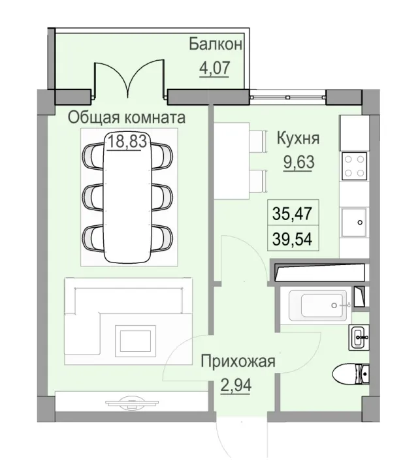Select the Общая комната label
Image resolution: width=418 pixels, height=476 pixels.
127,118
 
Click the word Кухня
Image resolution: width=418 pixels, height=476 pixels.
298,138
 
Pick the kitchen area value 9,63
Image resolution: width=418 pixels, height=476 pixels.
298,161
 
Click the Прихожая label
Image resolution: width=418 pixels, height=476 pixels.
238,361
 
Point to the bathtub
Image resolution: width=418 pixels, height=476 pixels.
319,304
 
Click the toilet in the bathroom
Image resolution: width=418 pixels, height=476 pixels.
351,375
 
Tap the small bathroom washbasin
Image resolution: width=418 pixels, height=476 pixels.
359,337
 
